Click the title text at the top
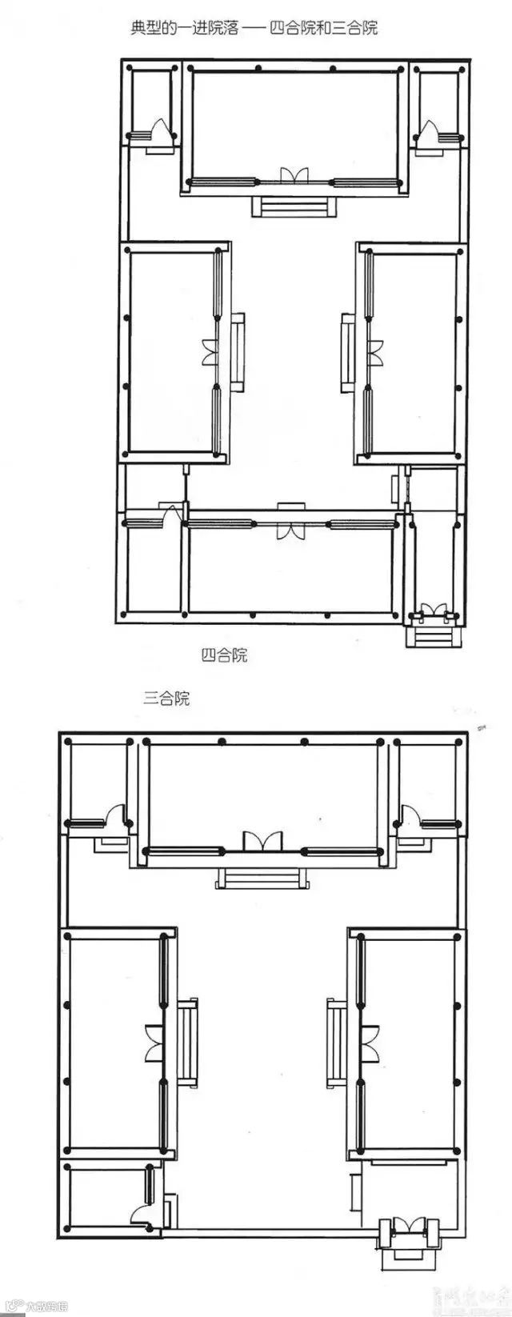point(254,28)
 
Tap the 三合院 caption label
point(166,698)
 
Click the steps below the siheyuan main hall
point(294,206)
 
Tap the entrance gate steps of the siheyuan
point(433,638)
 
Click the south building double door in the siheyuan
point(289,528)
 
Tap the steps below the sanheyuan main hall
point(261,879)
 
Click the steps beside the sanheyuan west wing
point(189,1041)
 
